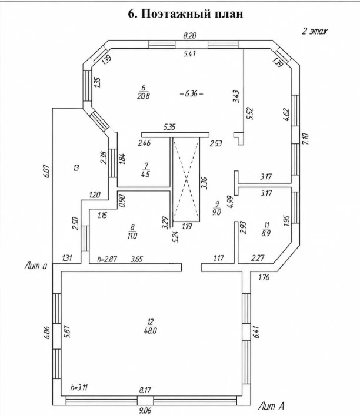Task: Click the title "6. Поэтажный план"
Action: tap(185, 14)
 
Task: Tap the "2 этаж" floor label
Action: tap(315, 31)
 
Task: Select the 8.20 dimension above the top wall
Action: tap(189, 35)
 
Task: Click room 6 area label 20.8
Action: tap(144, 96)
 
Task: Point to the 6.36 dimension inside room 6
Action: tap(191, 93)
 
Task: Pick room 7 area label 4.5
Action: tap(146, 175)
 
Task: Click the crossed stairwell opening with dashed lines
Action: tap(186, 179)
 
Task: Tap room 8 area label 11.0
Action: tap(132, 236)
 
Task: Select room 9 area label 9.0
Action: tap(217, 212)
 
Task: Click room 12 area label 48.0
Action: tap(151, 331)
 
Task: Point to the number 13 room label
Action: tap(76, 168)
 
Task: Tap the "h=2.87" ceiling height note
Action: tap(107, 259)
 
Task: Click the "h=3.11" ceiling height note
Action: tap(79, 388)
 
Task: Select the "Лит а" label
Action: tap(36, 266)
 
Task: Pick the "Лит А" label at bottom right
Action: tap(272, 406)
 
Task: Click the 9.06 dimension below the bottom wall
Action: tap(145, 411)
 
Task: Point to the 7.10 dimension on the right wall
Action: tap(305, 139)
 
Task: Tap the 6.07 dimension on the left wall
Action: tap(47, 171)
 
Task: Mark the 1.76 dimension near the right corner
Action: tap(264, 277)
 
